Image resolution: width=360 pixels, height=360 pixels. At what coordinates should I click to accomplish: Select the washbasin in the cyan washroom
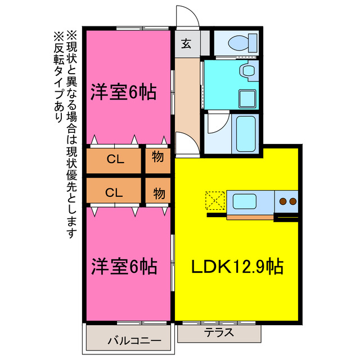pyautogui.click(x=246, y=71)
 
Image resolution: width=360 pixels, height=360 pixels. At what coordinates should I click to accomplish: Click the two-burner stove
pyautogui.click(x=287, y=201)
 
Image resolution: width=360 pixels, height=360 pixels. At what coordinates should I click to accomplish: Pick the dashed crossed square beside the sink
pyautogui.click(x=214, y=200)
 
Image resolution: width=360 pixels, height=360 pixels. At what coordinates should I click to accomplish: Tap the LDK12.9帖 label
pyautogui.click(x=235, y=265)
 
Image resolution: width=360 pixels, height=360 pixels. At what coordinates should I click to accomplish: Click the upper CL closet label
pyautogui.click(x=115, y=159)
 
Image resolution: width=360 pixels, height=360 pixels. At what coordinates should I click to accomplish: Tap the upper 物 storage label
pyautogui.click(x=158, y=158)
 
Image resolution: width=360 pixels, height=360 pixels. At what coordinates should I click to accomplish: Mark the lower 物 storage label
pyautogui.click(x=159, y=193)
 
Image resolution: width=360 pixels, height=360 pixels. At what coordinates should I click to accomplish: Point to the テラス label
pyautogui.click(x=219, y=332)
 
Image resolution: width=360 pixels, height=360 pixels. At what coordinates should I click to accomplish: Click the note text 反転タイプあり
pyautogui.click(x=58, y=76)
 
